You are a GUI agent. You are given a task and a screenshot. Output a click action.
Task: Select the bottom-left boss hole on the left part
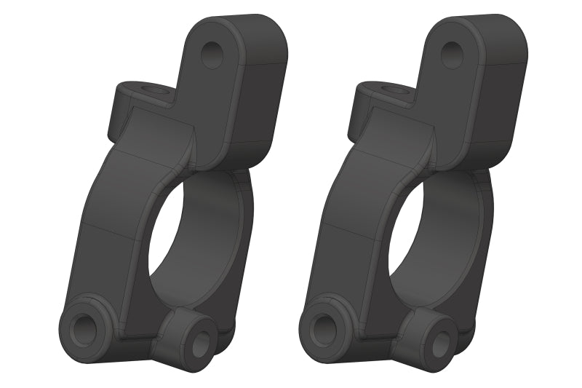[86, 329]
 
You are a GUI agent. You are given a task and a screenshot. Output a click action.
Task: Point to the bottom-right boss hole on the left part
[199, 346]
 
